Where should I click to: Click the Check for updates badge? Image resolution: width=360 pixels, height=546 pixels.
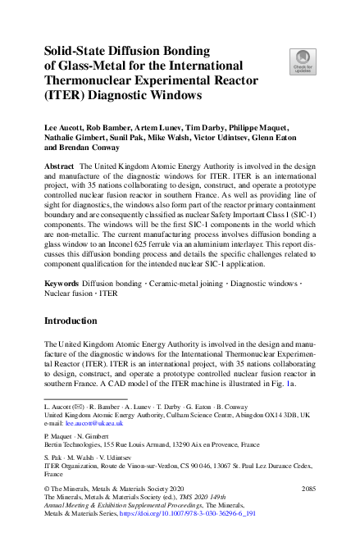302,60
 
